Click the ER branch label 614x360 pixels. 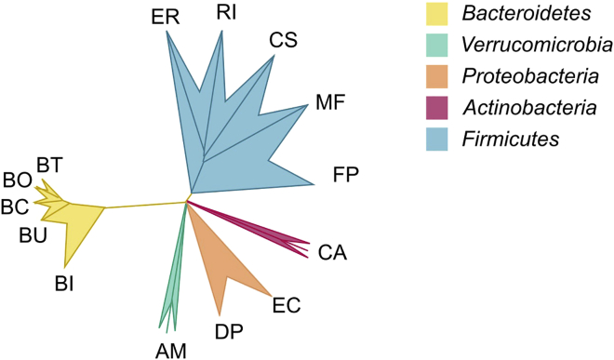(x=167, y=16)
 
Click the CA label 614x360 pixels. (x=332, y=251)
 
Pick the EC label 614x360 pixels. (x=287, y=304)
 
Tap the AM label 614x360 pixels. (x=170, y=350)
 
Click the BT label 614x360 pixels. (x=49, y=166)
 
